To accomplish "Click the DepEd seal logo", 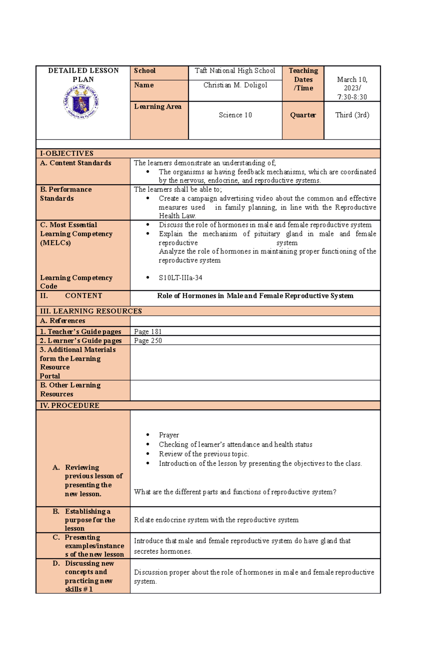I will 81,102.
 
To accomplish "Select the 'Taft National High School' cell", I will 235,71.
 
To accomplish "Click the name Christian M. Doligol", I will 235,85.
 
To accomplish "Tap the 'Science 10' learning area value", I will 235,115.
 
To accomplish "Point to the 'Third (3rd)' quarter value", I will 352,115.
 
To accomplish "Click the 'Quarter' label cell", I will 303,115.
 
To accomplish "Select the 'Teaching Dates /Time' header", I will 303,80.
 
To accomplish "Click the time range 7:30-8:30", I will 352,97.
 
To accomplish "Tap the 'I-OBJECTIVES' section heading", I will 67,153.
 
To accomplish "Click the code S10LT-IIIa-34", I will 180,278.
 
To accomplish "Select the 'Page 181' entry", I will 148,332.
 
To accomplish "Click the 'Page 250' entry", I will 148,341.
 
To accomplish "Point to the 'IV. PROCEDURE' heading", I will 70,405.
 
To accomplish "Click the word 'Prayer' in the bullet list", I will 169,435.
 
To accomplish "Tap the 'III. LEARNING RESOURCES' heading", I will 91,311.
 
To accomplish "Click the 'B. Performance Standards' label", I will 66,194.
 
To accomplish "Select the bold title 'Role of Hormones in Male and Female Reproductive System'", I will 255,296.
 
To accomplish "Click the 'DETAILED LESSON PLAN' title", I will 83,75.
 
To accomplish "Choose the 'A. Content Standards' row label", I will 76,163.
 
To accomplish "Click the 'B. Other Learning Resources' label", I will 70,389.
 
